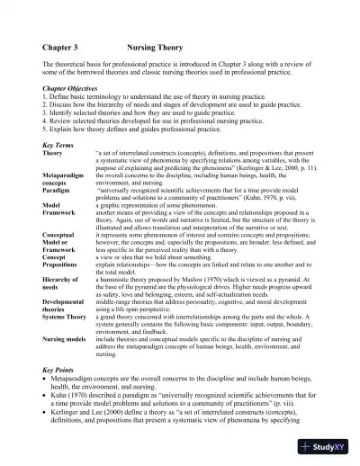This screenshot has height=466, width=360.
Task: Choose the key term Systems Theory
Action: tap(68, 316)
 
